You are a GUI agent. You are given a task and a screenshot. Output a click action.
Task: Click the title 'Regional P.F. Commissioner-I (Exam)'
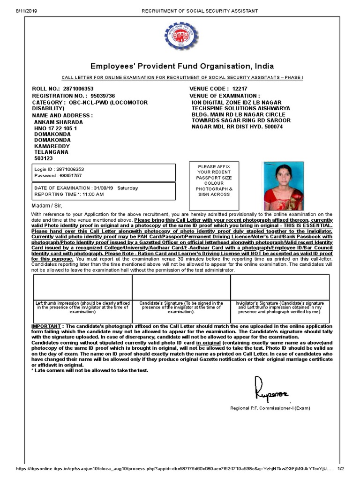tap(270, 408)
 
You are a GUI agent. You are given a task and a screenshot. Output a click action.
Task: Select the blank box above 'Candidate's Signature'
tap(181, 287)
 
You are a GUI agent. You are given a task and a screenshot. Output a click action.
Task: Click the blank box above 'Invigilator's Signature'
tap(280, 287)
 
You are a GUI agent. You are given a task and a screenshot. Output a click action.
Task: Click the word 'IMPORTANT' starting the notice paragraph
tap(46, 326)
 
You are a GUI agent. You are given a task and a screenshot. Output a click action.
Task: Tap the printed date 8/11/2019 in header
tap(16, 10)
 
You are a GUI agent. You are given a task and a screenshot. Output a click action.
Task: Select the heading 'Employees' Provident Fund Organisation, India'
tap(182, 66)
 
